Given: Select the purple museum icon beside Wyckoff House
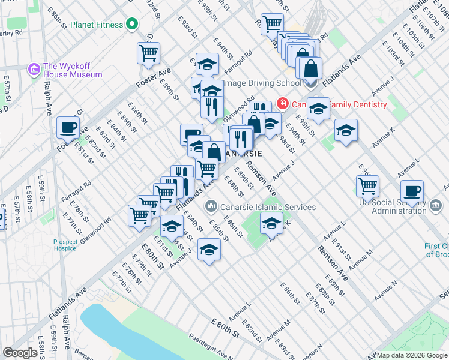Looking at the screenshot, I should click(x=34, y=70).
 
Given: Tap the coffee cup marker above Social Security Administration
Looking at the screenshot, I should click(x=412, y=191).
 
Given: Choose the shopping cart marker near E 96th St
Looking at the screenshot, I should click(x=367, y=185).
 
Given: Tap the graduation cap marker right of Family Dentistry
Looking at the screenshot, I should click(x=318, y=109).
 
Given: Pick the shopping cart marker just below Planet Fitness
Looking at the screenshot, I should click(x=148, y=52).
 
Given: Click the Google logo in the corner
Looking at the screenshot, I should click(x=20, y=353).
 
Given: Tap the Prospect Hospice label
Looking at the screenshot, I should click(x=64, y=245).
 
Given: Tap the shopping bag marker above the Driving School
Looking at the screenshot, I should click(x=310, y=67).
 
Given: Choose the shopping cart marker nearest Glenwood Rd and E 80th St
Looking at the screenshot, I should click(x=140, y=214).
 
